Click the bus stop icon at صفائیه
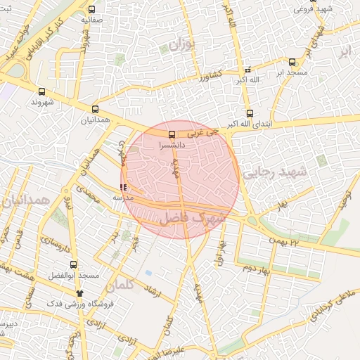(92, 10)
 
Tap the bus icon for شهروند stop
(41, 91)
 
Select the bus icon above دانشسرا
(172, 134)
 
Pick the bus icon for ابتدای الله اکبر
(250, 114)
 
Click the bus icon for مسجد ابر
(292, 62)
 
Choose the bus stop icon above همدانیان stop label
(95, 109)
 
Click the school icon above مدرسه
(124, 188)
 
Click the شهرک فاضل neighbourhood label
(192, 218)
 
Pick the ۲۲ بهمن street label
(283, 241)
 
